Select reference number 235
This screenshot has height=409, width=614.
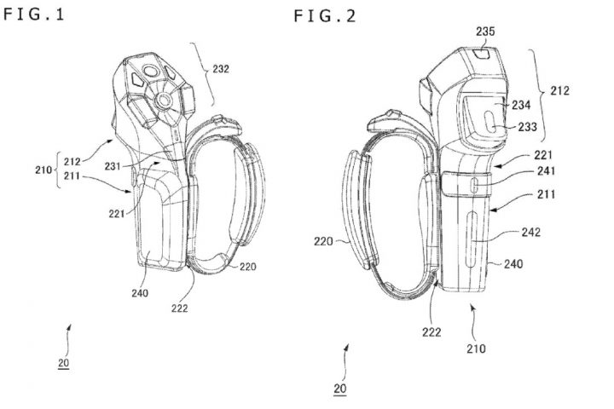click(x=485, y=33)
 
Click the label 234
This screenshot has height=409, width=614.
click(x=520, y=104)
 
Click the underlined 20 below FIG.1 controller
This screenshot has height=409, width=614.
click(x=64, y=363)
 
